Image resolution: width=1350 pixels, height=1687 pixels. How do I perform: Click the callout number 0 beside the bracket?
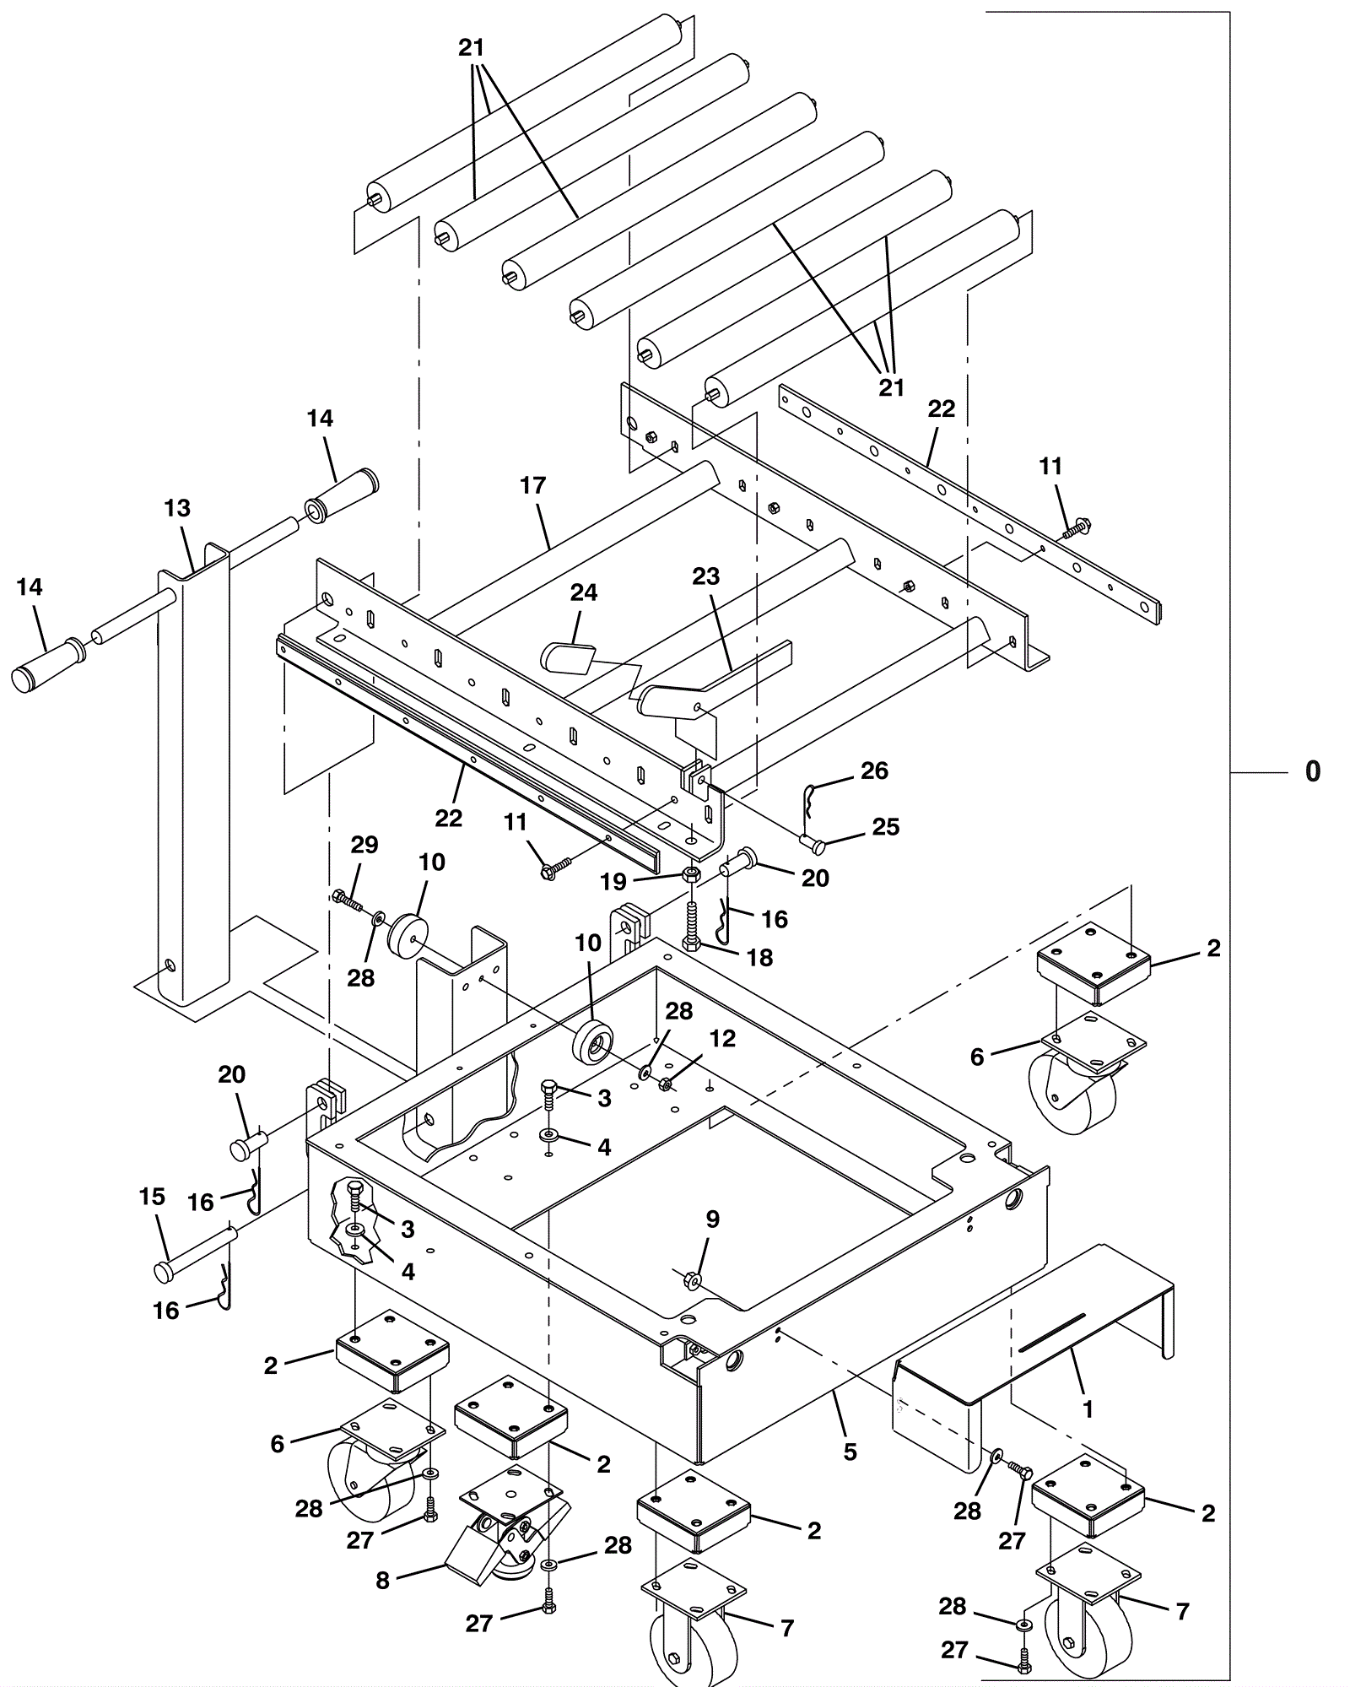pos(1312,771)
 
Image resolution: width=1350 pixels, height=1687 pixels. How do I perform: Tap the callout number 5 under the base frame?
pos(850,1452)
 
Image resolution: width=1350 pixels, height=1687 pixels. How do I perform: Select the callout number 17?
pos(533,485)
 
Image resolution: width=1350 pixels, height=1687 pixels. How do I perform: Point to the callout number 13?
pos(177,508)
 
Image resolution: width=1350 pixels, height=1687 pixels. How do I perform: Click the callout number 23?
pos(706,576)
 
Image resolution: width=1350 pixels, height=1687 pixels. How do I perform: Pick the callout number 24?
pos(584,592)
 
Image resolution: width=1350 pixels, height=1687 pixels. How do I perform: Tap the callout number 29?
pos(364,845)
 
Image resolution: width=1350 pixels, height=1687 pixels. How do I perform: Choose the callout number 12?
pos(722,1038)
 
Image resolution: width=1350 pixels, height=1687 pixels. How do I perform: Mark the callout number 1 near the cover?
pos(1088,1409)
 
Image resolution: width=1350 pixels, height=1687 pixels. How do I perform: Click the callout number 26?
pos(874,771)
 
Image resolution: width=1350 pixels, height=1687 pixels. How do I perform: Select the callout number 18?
pos(759,957)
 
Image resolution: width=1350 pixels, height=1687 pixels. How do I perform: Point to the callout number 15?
pos(152,1197)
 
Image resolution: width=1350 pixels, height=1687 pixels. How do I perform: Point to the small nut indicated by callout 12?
pos(665,1084)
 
